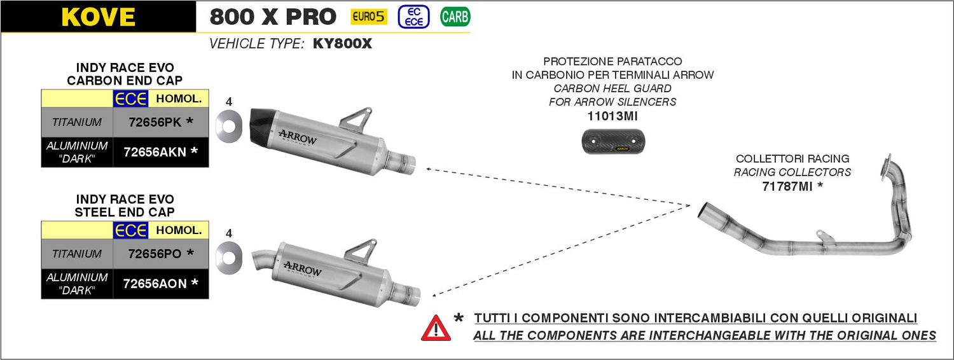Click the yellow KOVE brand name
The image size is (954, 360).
pos(99,17)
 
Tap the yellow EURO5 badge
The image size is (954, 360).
pos(369,17)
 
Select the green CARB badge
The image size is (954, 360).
pos(455,17)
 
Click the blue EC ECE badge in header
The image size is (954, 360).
pos(413,17)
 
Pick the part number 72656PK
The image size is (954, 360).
pos(155,122)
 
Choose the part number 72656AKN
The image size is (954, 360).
pos(155,152)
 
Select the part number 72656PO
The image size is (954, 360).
pos(155,254)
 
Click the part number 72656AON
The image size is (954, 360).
pos(155,284)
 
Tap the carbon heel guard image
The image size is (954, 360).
pos(613,141)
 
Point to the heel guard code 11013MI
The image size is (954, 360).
pos(612,116)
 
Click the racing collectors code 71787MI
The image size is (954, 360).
pos(787,186)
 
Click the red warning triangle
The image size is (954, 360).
pos(436,328)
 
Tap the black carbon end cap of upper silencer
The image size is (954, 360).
pos(261,127)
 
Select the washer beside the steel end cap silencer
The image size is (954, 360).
pos(229,258)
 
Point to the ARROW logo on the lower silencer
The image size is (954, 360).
pos(303,269)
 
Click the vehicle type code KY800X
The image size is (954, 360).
pos(342,44)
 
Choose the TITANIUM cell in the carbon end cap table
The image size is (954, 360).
pos(77,122)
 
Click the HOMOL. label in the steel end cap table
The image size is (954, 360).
pos(179,230)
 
